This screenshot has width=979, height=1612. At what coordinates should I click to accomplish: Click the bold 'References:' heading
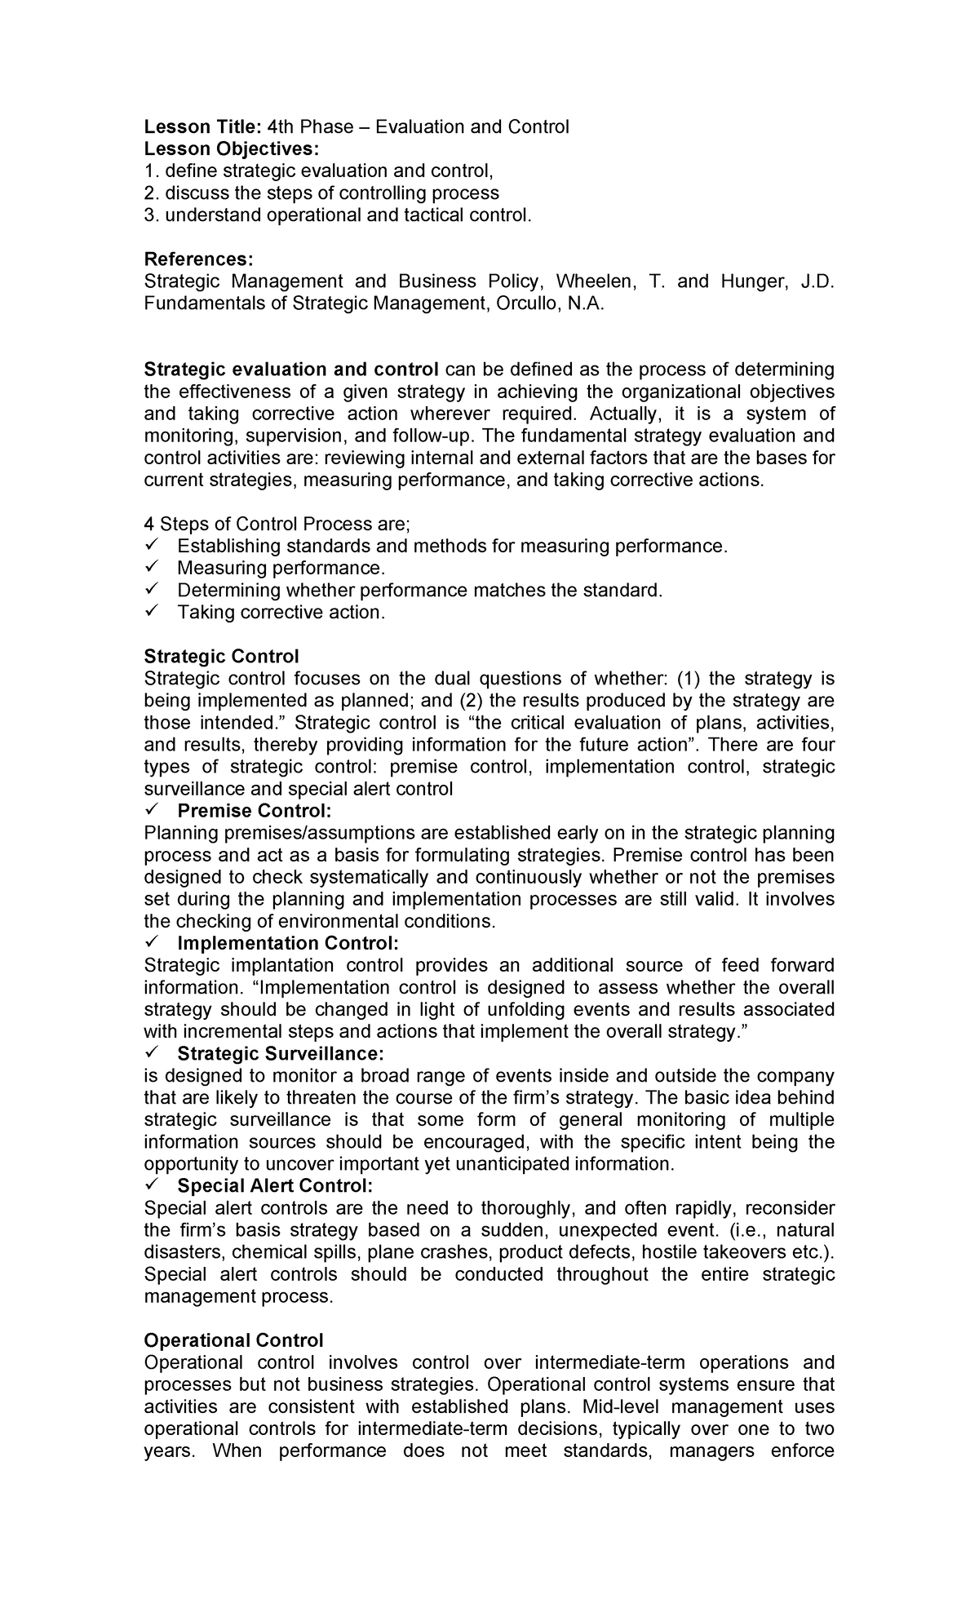198,259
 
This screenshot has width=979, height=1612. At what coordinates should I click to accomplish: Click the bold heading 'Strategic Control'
221,656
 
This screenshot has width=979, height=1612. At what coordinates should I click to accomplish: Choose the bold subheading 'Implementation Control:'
288,943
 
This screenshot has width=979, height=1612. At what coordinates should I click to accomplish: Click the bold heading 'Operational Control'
233,1340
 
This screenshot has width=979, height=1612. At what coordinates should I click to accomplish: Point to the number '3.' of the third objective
151,215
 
